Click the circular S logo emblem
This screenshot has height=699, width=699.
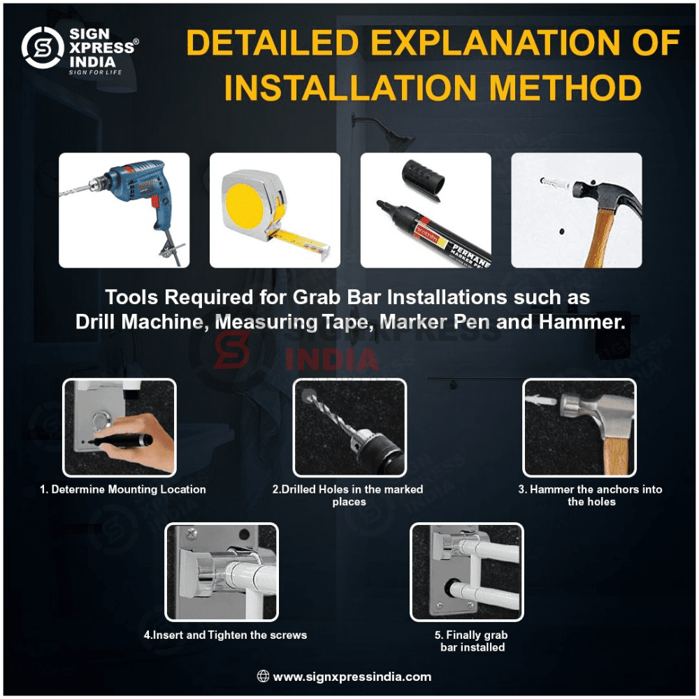[43, 48]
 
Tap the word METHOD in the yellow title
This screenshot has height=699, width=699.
[565, 87]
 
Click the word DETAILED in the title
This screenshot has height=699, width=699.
[273, 43]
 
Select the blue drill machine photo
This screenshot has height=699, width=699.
[124, 210]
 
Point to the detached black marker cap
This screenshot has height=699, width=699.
[423, 179]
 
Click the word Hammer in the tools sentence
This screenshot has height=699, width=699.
[582, 322]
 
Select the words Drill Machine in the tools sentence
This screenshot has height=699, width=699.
[142, 322]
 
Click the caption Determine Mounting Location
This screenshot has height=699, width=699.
[123, 489]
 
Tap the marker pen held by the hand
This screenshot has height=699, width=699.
[120, 440]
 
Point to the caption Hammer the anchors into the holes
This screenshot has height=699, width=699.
[590, 496]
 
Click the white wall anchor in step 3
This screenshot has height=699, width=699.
[540, 400]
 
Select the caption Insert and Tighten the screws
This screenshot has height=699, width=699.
[225, 635]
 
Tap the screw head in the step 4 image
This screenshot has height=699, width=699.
[192, 533]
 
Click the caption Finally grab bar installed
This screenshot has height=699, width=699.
[472, 641]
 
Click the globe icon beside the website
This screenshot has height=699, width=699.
[263, 676]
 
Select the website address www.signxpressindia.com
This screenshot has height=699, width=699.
[352, 677]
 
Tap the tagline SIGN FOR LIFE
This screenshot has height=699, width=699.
[95, 72]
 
